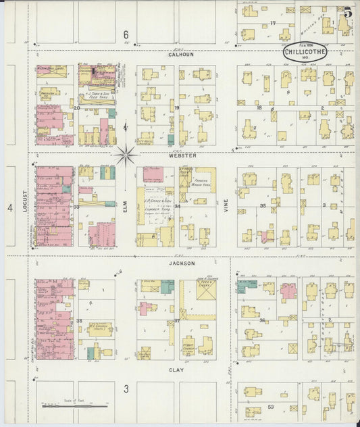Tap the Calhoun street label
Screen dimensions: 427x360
point(181,55)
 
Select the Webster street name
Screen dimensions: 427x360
point(182,155)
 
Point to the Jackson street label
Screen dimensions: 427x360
point(182,263)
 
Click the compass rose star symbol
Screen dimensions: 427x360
point(126,155)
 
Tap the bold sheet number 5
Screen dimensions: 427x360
point(347,12)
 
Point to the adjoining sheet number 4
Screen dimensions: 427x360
point(10,209)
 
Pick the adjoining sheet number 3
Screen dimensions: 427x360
point(126,389)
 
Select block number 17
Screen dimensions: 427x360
point(273,24)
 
